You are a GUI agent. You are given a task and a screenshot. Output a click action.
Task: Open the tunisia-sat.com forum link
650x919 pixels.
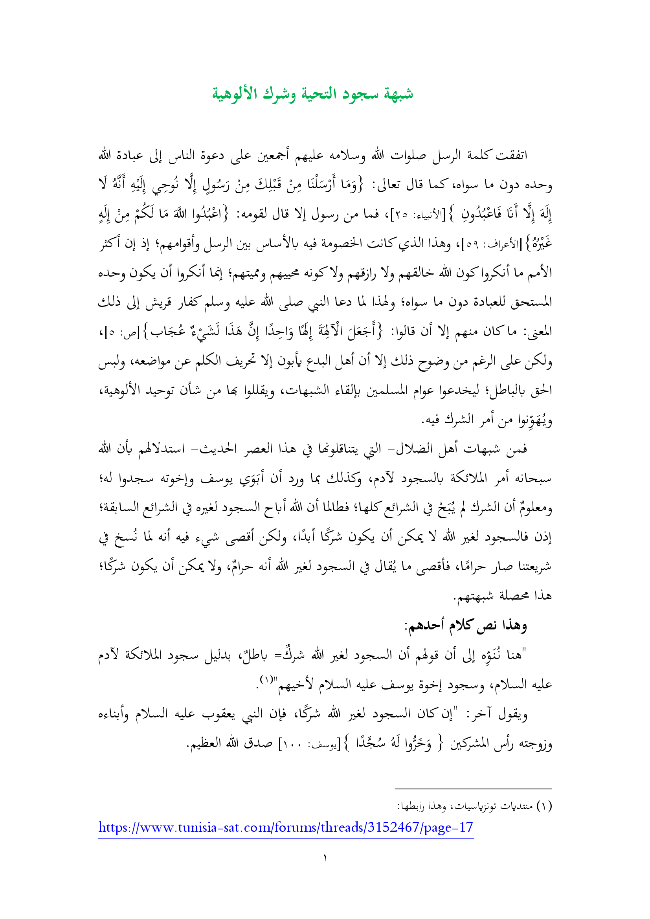click(286, 827)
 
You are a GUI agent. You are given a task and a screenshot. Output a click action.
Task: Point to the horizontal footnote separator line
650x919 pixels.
click(473, 789)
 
